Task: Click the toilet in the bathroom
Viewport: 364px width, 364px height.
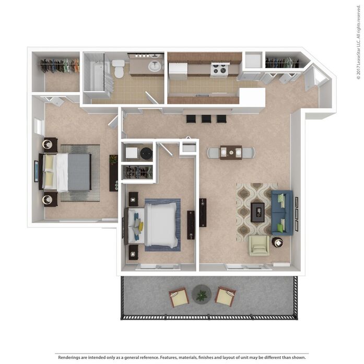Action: pyautogui.click(x=119, y=67)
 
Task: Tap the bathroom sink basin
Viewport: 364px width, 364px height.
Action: pyautogui.click(x=155, y=66)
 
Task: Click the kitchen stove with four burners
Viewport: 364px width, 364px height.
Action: pyautogui.click(x=219, y=69)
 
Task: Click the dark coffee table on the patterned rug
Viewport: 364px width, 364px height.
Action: pyautogui.click(x=257, y=212)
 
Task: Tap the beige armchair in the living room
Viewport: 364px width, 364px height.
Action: pyautogui.click(x=259, y=245)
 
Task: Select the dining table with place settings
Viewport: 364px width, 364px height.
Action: pyautogui.click(x=231, y=152)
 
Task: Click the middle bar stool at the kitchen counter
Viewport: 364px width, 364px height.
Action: pyautogui.click(x=206, y=119)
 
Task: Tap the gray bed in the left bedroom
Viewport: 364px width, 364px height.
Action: pyautogui.click(x=73, y=172)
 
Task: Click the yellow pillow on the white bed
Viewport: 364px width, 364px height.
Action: pyautogui.click(x=140, y=227)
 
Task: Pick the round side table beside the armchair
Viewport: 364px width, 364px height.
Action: pyautogui.click(x=277, y=242)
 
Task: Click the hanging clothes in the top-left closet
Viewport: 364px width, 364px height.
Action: pyautogui.click(x=60, y=65)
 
